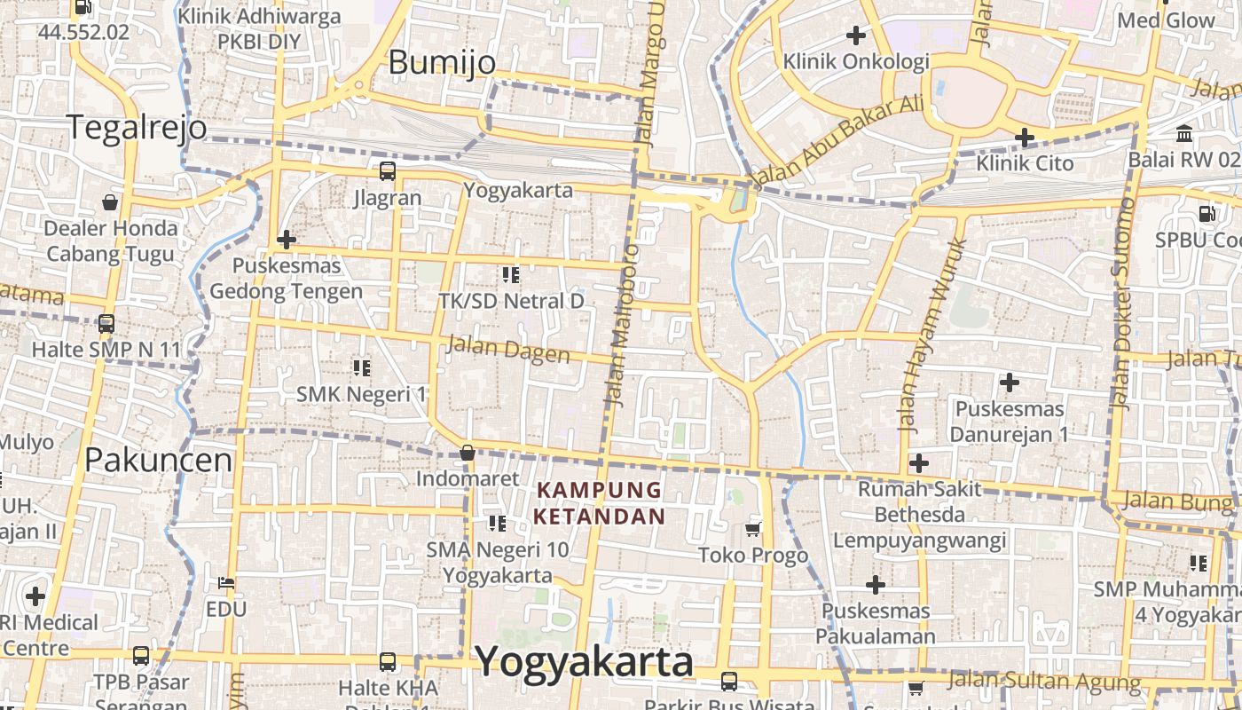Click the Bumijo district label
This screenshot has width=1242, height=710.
(x=442, y=62)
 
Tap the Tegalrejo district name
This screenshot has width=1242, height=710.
(x=137, y=128)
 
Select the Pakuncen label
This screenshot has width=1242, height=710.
(x=158, y=460)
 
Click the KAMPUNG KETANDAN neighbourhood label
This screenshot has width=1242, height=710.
(x=601, y=503)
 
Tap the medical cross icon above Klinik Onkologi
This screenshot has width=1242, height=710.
(x=856, y=35)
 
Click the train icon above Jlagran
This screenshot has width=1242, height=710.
(x=388, y=171)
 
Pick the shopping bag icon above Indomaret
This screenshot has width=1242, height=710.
(x=468, y=454)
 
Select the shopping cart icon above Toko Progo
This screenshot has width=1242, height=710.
(x=753, y=530)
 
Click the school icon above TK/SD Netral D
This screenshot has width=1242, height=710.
(x=510, y=275)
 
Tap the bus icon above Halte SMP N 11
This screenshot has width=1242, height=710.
(x=106, y=324)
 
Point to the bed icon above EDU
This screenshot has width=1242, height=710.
(x=225, y=583)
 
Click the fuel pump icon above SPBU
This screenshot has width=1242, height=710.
(x=1207, y=213)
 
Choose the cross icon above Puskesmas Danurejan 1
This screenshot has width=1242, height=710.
(x=1009, y=383)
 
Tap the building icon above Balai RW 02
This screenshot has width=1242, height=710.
(x=1184, y=134)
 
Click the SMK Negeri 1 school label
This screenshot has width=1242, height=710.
(x=361, y=394)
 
